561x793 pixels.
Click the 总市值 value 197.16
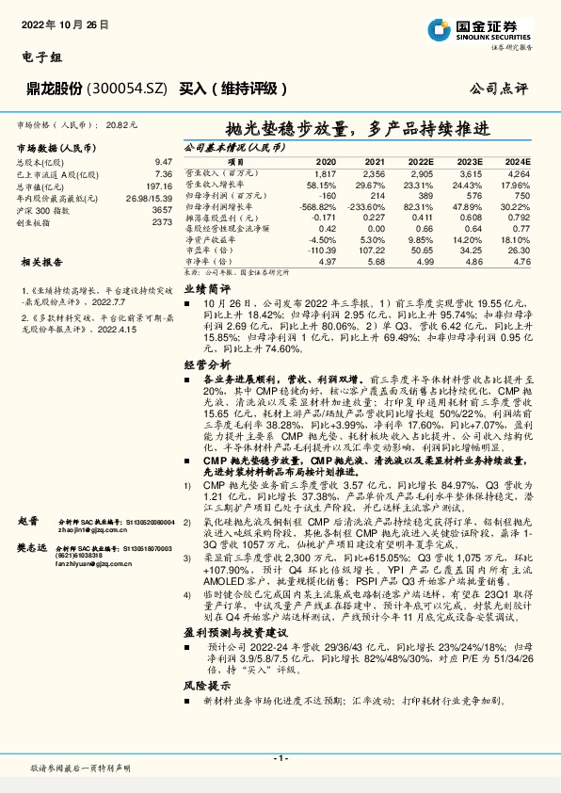160,186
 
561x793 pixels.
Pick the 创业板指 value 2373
162,223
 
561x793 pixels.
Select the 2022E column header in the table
422,162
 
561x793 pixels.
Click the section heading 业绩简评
206,288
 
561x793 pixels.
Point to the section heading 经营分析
206,364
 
